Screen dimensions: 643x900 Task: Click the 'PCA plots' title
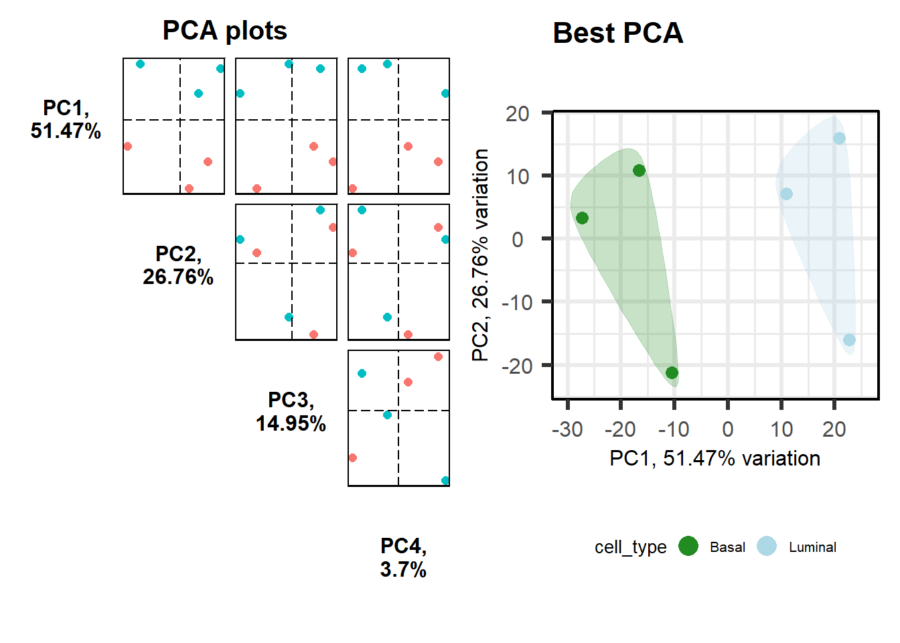224,31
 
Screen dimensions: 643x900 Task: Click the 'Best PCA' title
617,33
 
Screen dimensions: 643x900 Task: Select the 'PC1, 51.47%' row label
66,119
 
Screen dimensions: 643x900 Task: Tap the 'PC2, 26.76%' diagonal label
178,265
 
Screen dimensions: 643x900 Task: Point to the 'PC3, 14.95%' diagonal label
291,411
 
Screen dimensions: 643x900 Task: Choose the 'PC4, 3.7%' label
403,557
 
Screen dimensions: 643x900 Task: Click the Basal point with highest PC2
639,170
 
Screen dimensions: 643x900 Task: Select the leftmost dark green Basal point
582,218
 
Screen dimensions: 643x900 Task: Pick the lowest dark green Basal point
672,372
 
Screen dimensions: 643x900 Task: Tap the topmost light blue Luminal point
839,139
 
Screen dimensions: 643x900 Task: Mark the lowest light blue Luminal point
849,340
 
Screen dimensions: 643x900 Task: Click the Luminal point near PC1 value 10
786,194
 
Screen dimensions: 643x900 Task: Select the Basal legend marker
688,547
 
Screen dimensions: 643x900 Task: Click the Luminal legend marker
767,547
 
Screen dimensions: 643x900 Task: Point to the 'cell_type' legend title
630,547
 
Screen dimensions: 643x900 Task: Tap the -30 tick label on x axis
567,429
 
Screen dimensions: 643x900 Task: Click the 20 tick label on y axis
518,113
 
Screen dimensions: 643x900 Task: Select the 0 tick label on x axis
727,429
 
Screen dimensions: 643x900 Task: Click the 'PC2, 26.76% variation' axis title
480,255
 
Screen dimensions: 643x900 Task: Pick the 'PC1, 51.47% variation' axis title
715,458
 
